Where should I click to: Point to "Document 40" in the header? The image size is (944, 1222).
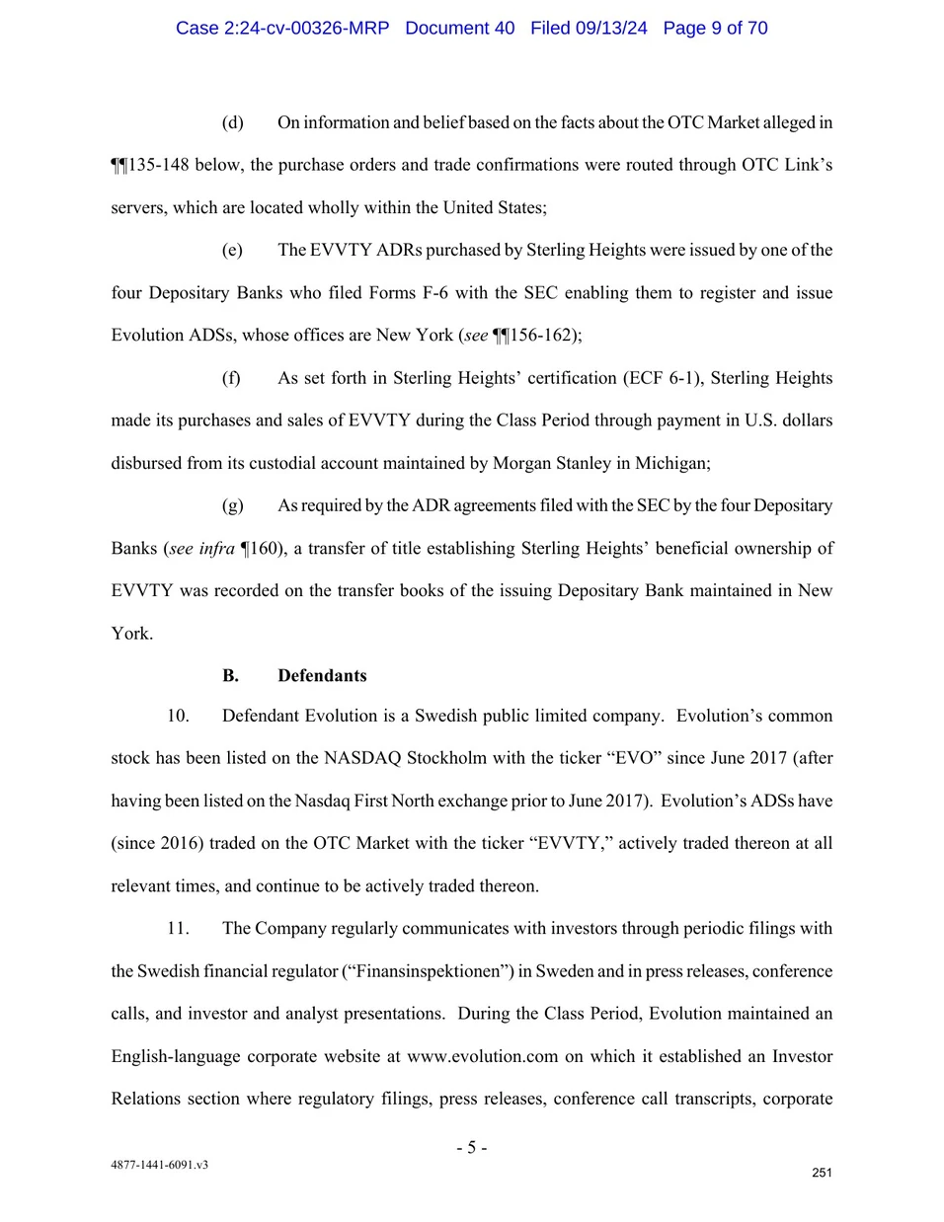pyautogui.click(x=460, y=28)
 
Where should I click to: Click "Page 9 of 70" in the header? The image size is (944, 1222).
pyautogui.click(x=715, y=28)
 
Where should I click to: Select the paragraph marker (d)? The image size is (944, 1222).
pyautogui.click(x=233, y=122)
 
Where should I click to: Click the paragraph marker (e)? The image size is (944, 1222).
pyautogui.click(x=233, y=250)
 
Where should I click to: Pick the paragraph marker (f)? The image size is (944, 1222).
pyautogui.click(x=232, y=378)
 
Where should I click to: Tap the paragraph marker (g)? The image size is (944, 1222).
pyautogui.click(x=233, y=505)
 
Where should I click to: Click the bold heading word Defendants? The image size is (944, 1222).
pyautogui.click(x=322, y=676)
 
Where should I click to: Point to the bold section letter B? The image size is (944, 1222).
pyautogui.click(x=230, y=676)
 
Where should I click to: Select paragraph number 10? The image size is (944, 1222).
pyautogui.click(x=178, y=716)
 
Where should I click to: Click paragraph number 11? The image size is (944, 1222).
pyautogui.click(x=178, y=929)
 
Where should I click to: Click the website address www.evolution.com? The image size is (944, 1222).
pyautogui.click(x=483, y=1056)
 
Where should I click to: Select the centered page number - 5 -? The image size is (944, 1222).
pyautogui.click(x=472, y=1147)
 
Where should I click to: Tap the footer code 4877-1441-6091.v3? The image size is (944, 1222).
pyautogui.click(x=159, y=1165)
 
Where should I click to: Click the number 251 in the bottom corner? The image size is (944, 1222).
pyautogui.click(x=822, y=1173)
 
